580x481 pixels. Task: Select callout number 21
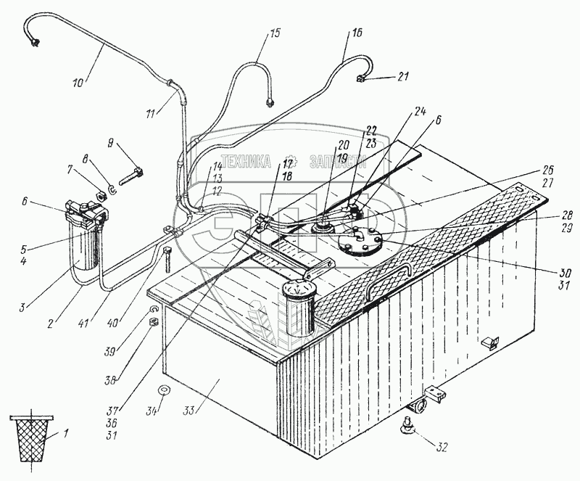pyautogui.click(x=404, y=76)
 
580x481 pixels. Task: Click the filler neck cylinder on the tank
pyautogui.click(x=297, y=308)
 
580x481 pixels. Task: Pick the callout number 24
pyautogui.click(x=419, y=112)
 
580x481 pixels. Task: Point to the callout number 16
pyautogui.click(x=357, y=33)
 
